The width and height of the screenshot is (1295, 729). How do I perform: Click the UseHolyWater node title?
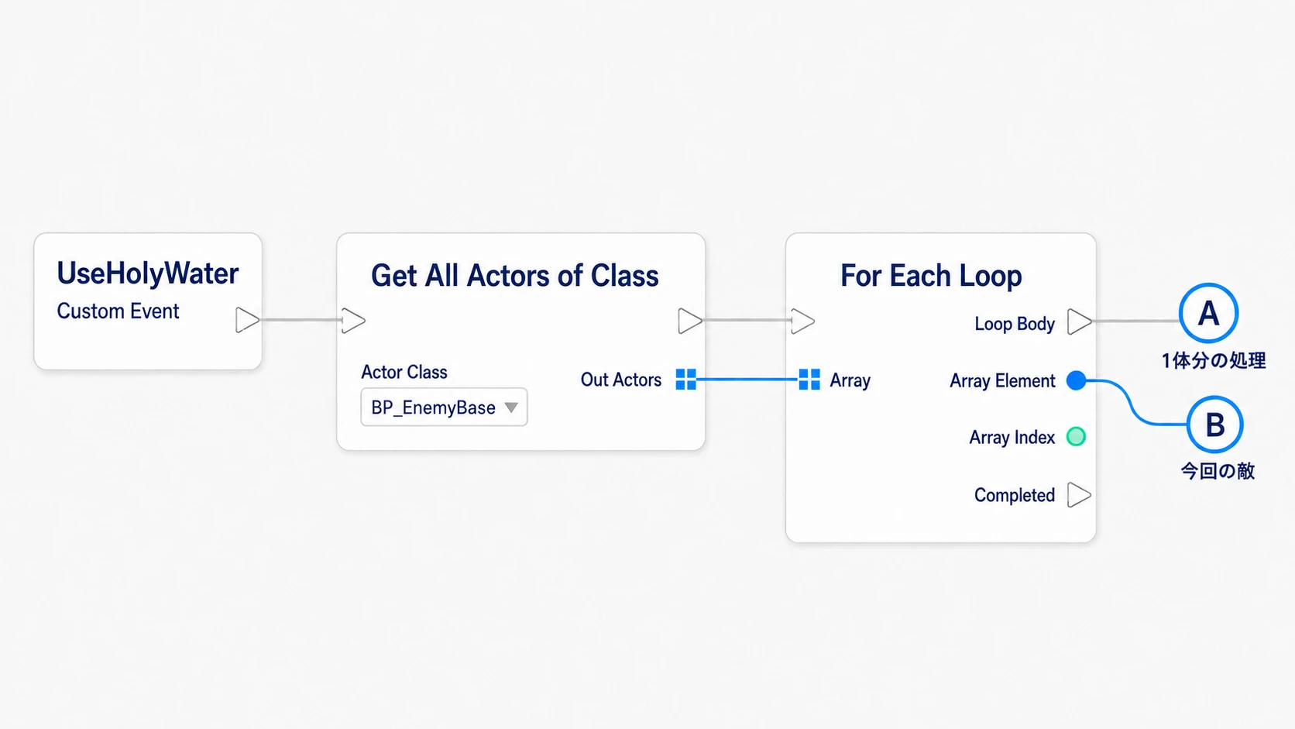(147, 273)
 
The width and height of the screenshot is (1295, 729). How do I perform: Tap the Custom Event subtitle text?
(118, 311)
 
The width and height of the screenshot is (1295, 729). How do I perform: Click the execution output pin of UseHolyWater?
(247, 320)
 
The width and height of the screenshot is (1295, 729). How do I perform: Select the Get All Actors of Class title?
(514, 275)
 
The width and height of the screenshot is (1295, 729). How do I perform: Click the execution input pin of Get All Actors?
(353, 320)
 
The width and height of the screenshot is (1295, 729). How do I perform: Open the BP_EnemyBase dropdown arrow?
(511, 407)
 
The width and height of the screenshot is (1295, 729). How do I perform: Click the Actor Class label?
(404, 372)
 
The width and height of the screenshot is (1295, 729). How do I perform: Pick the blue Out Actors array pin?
(686, 380)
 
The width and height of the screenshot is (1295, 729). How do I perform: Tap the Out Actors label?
(621, 380)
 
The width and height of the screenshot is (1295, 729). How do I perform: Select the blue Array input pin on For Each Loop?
(809, 380)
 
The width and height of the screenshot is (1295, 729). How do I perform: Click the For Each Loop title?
(931, 275)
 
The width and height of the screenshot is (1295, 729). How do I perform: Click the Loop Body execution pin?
(1080, 322)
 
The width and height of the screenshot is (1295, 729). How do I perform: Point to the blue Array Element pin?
(1076, 380)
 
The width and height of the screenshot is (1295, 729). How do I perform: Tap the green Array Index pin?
(1076, 436)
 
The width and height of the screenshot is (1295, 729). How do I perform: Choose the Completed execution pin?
(1079, 495)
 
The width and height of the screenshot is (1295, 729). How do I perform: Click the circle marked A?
(1208, 313)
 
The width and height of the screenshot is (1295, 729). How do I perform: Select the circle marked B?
(1214, 425)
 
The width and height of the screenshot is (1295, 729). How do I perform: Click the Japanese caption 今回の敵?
(1218, 471)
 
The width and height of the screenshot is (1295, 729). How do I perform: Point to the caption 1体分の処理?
(1214, 361)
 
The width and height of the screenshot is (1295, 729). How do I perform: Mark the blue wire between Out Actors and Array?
(747, 380)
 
